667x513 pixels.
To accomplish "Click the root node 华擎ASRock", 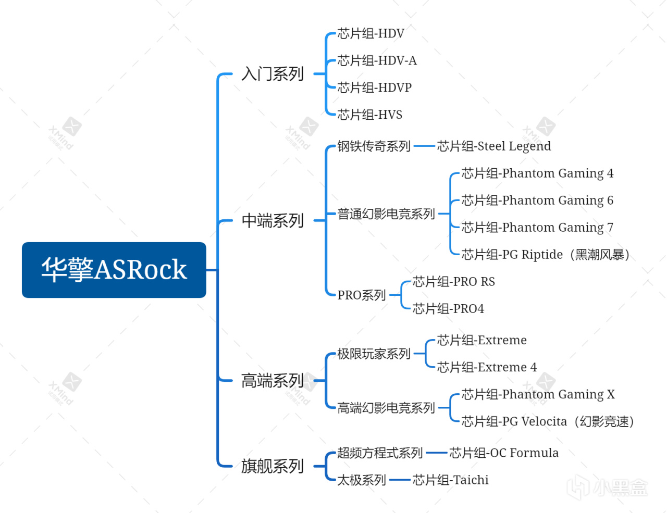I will tap(114, 270).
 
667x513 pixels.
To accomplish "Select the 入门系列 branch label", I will tap(272, 74).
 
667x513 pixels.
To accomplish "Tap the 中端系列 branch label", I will tap(272, 221).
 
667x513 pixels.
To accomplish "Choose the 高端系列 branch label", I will tap(272, 381).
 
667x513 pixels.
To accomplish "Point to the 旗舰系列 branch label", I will tap(272, 466).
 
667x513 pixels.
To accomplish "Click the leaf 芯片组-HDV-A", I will tap(377, 61).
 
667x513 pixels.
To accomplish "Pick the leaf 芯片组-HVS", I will tap(369, 115).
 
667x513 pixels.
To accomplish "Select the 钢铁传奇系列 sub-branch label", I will tap(374, 146).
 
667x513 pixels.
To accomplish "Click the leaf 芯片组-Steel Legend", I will tap(493, 146).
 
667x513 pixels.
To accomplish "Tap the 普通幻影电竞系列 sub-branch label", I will tap(386, 214).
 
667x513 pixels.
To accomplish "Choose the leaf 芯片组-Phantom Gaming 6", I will tap(537, 201).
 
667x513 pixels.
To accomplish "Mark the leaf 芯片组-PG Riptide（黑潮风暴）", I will tap(546, 255).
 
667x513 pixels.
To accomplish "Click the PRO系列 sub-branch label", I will tap(361, 295).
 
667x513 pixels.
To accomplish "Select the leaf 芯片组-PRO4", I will tap(448, 309).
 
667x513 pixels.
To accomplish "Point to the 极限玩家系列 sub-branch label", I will tap(374, 354).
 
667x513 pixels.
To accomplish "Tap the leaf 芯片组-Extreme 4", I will tap(487, 368).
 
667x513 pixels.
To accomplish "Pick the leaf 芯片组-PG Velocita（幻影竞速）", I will tap(547, 421).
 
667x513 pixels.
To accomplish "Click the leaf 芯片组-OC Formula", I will tap(503, 453).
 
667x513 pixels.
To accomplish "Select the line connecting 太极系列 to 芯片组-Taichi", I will tap(400, 480).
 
